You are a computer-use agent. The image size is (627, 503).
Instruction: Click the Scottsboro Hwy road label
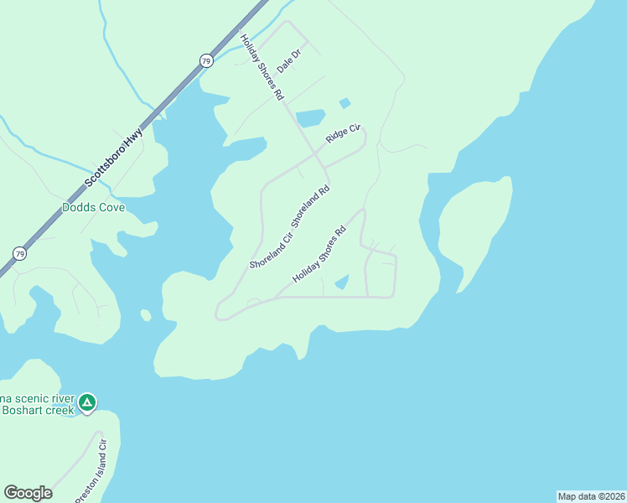pyautogui.click(x=115, y=158)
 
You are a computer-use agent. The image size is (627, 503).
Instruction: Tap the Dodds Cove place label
pyautogui.click(x=94, y=207)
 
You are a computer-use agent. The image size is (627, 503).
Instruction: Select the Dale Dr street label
pyautogui.click(x=288, y=58)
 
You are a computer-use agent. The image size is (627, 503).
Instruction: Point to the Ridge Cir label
pyautogui.click(x=343, y=133)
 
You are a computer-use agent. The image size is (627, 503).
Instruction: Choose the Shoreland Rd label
pyautogui.click(x=311, y=204)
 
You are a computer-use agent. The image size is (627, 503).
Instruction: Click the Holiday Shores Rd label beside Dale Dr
pyautogui.click(x=262, y=68)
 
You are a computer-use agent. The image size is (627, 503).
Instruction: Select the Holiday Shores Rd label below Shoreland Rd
pyautogui.click(x=319, y=254)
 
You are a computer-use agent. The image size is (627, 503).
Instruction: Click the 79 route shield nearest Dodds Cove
pyautogui.click(x=19, y=253)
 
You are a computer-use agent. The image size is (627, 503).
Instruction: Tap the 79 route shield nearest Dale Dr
pyautogui.click(x=206, y=60)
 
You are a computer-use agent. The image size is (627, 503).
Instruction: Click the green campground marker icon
pyautogui.click(x=86, y=403)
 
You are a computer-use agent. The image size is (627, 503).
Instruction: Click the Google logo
pyautogui.click(x=28, y=493)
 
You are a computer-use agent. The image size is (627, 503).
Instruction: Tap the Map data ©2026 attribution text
pyautogui.click(x=591, y=496)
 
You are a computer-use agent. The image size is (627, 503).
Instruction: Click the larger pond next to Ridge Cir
pyautogui.click(x=310, y=118)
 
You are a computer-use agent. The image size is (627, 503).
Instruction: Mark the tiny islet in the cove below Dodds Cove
pyautogui.click(x=146, y=315)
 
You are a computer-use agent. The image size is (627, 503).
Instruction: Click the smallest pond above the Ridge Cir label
pyautogui.click(x=345, y=103)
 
